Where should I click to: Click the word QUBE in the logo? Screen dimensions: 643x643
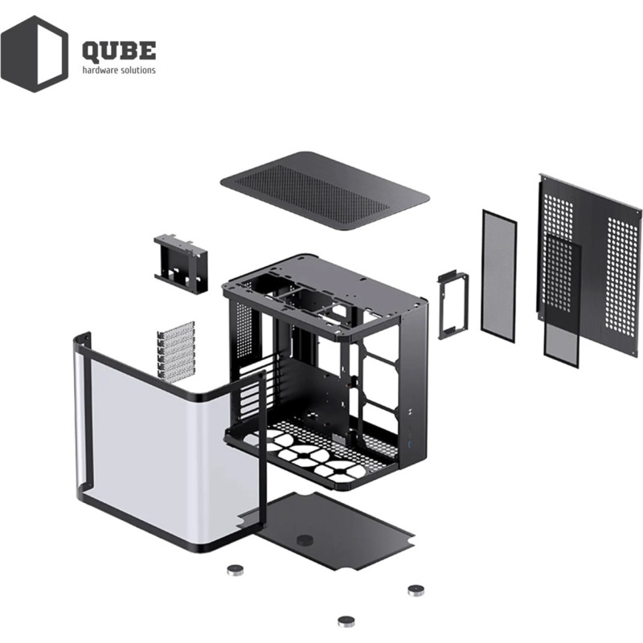[x=119, y=51]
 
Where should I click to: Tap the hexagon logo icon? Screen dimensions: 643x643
[x=35, y=54]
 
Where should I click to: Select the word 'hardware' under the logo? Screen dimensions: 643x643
[x=100, y=70]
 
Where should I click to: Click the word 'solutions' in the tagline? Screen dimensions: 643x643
[x=137, y=70]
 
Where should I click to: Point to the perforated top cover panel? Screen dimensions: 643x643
[x=325, y=190]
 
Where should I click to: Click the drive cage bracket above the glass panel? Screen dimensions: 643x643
[x=181, y=264]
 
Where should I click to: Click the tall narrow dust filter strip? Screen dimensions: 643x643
[x=498, y=276]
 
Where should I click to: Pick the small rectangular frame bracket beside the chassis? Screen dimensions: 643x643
[x=453, y=305]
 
